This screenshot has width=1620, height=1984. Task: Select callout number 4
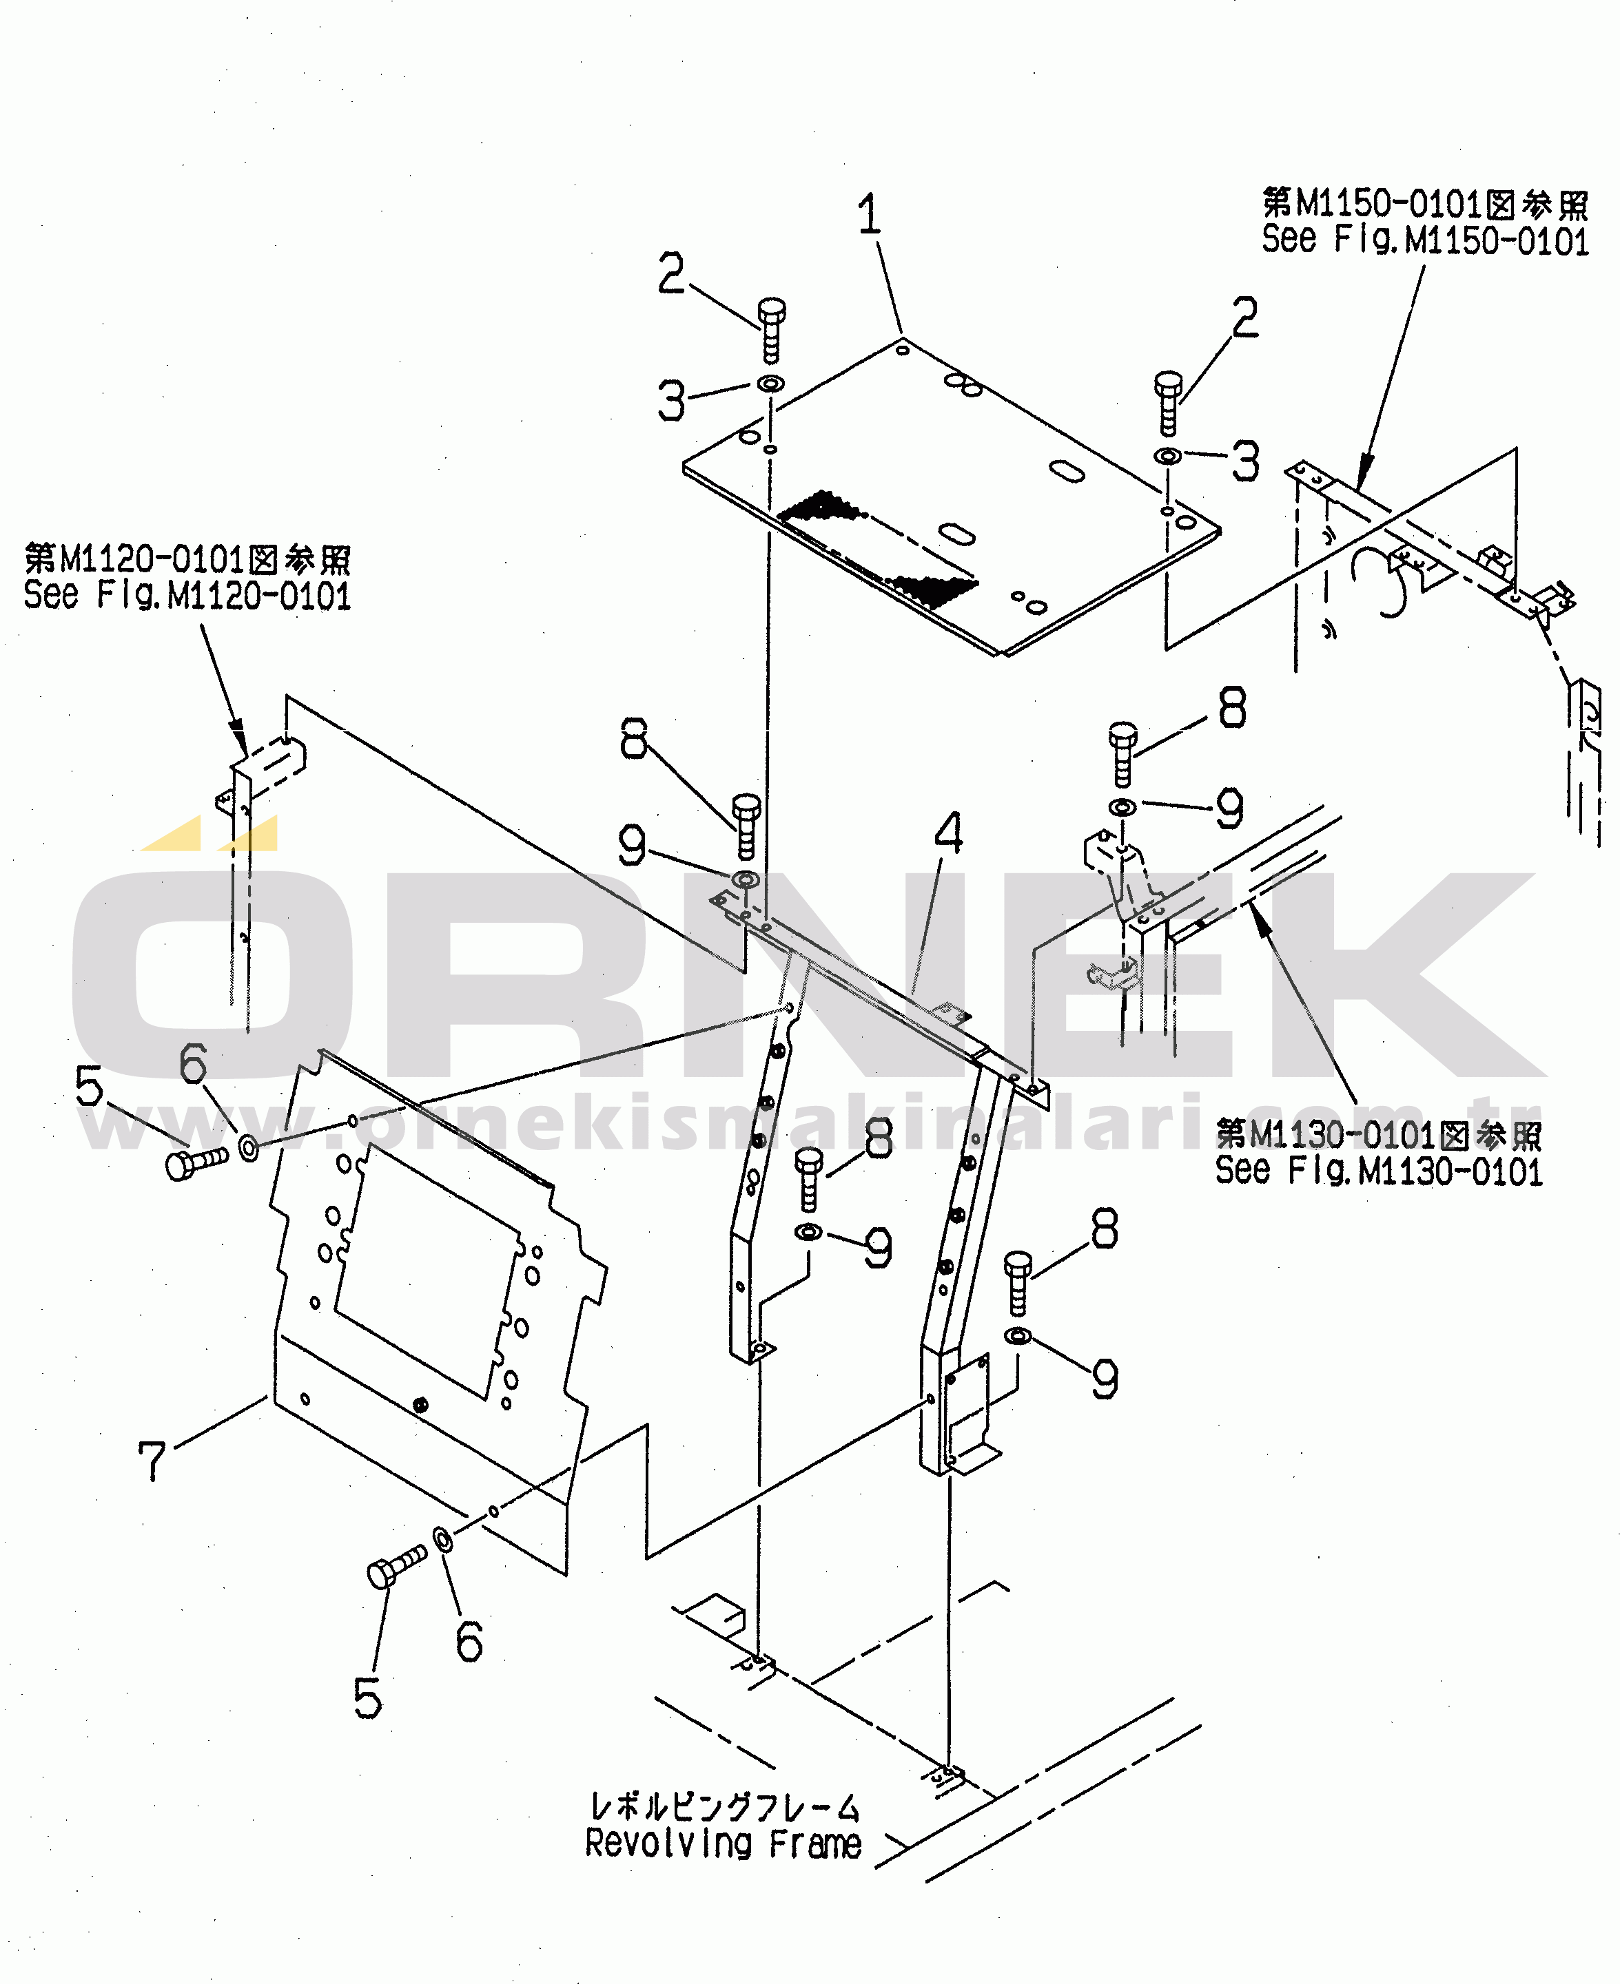click(x=948, y=833)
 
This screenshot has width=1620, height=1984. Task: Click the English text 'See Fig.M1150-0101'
click(x=1424, y=240)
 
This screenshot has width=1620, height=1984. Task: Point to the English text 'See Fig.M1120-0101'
click(x=187, y=595)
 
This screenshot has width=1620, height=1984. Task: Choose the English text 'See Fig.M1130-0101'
click(x=1378, y=1171)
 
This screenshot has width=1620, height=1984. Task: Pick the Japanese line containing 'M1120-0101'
click(x=187, y=560)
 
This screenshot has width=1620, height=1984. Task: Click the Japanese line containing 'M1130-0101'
click(x=1378, y=1135)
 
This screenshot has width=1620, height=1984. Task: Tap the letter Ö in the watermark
click(x=210, y=970)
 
